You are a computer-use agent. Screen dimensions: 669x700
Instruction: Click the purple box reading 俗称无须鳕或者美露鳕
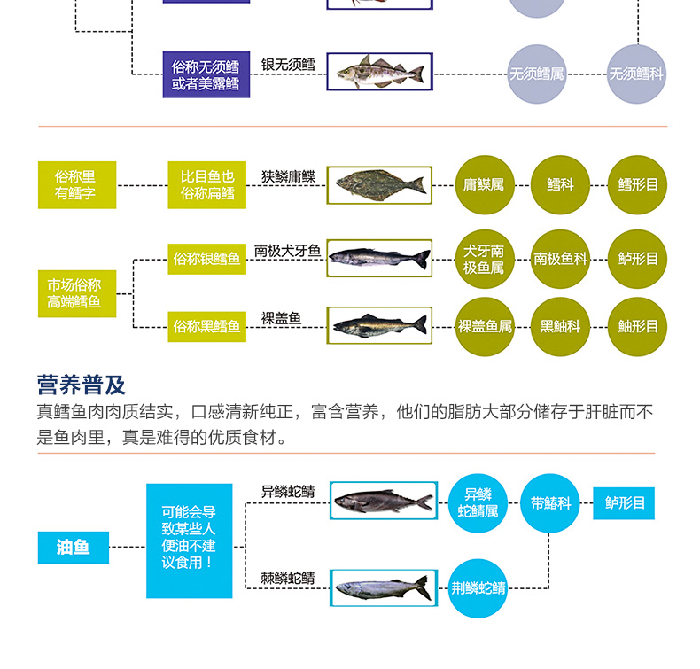206,74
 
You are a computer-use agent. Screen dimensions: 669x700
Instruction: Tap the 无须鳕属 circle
536,74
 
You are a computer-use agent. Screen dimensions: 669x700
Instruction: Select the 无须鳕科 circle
636,74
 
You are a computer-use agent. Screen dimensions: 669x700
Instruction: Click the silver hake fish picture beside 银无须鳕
379,71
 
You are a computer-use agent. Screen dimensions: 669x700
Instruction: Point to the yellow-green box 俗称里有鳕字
77,185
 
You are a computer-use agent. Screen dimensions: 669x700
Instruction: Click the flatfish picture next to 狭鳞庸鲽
379,185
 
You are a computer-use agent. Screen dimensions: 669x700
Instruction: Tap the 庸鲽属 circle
484,185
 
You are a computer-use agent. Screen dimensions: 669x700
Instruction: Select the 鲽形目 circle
637,185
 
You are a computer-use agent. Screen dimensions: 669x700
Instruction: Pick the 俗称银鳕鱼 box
206,259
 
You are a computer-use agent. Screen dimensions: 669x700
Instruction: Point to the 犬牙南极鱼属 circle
484,259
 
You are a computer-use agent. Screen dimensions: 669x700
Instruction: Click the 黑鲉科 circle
560,326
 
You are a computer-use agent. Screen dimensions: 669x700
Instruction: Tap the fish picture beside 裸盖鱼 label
379,325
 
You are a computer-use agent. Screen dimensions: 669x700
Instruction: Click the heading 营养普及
82,385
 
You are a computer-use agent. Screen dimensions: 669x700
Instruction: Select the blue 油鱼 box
74,548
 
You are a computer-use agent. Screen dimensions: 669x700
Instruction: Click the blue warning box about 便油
189,541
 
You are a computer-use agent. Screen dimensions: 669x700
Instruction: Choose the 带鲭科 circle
549,503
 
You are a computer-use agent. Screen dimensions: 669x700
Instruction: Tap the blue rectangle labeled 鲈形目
624,503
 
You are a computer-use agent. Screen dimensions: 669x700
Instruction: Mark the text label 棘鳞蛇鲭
288,578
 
